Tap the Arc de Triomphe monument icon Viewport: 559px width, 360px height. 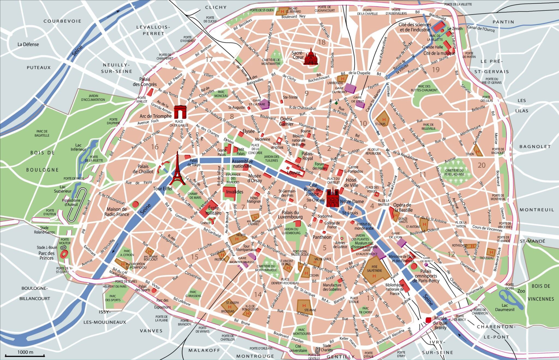point(180,112)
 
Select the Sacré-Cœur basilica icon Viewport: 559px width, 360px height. point(311,57)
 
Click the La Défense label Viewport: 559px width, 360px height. point(28,44)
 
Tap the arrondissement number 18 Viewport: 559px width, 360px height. point(322,42)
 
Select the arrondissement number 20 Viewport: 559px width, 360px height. point(481,165)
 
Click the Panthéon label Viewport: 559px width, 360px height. point(322,237)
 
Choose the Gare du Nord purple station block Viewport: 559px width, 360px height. point(350,88)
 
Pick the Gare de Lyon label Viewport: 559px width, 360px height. point(396,235)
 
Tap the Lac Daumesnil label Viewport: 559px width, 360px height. point(505,307)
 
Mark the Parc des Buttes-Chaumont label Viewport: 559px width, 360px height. point(424,88)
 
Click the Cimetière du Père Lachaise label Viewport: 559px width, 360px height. point(454,172)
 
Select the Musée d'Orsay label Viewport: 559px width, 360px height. point(254,178)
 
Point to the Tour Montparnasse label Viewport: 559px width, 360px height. point(246,248)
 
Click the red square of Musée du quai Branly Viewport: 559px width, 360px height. point(429,320)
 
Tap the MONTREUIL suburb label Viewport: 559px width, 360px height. point(537,210)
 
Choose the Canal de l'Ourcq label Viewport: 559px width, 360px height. point(480,28)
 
